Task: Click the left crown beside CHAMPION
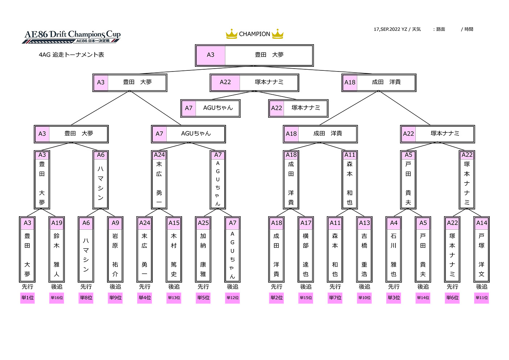coord(231,34)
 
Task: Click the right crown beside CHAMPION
coord(278,34)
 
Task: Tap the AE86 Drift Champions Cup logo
coord(71,37)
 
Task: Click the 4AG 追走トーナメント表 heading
coord(71,55)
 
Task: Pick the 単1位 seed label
coord(28,298)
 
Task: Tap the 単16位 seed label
coord(57,298)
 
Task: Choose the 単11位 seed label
coord(481,298)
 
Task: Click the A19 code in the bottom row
coord(57,223)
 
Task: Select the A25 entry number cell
coord(203,223)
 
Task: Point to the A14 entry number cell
coord(481,223)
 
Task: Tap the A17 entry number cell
coord(305,223)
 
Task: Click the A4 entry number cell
coord(394,223)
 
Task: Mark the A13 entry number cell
coord(364,223)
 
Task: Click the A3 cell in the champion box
coord(211,55)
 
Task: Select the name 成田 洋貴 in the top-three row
coord(386,82)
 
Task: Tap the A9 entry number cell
coord(115,223)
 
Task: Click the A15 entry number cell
coord(174,223)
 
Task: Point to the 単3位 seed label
coord(394,298)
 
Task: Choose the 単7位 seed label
coord(335,298)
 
